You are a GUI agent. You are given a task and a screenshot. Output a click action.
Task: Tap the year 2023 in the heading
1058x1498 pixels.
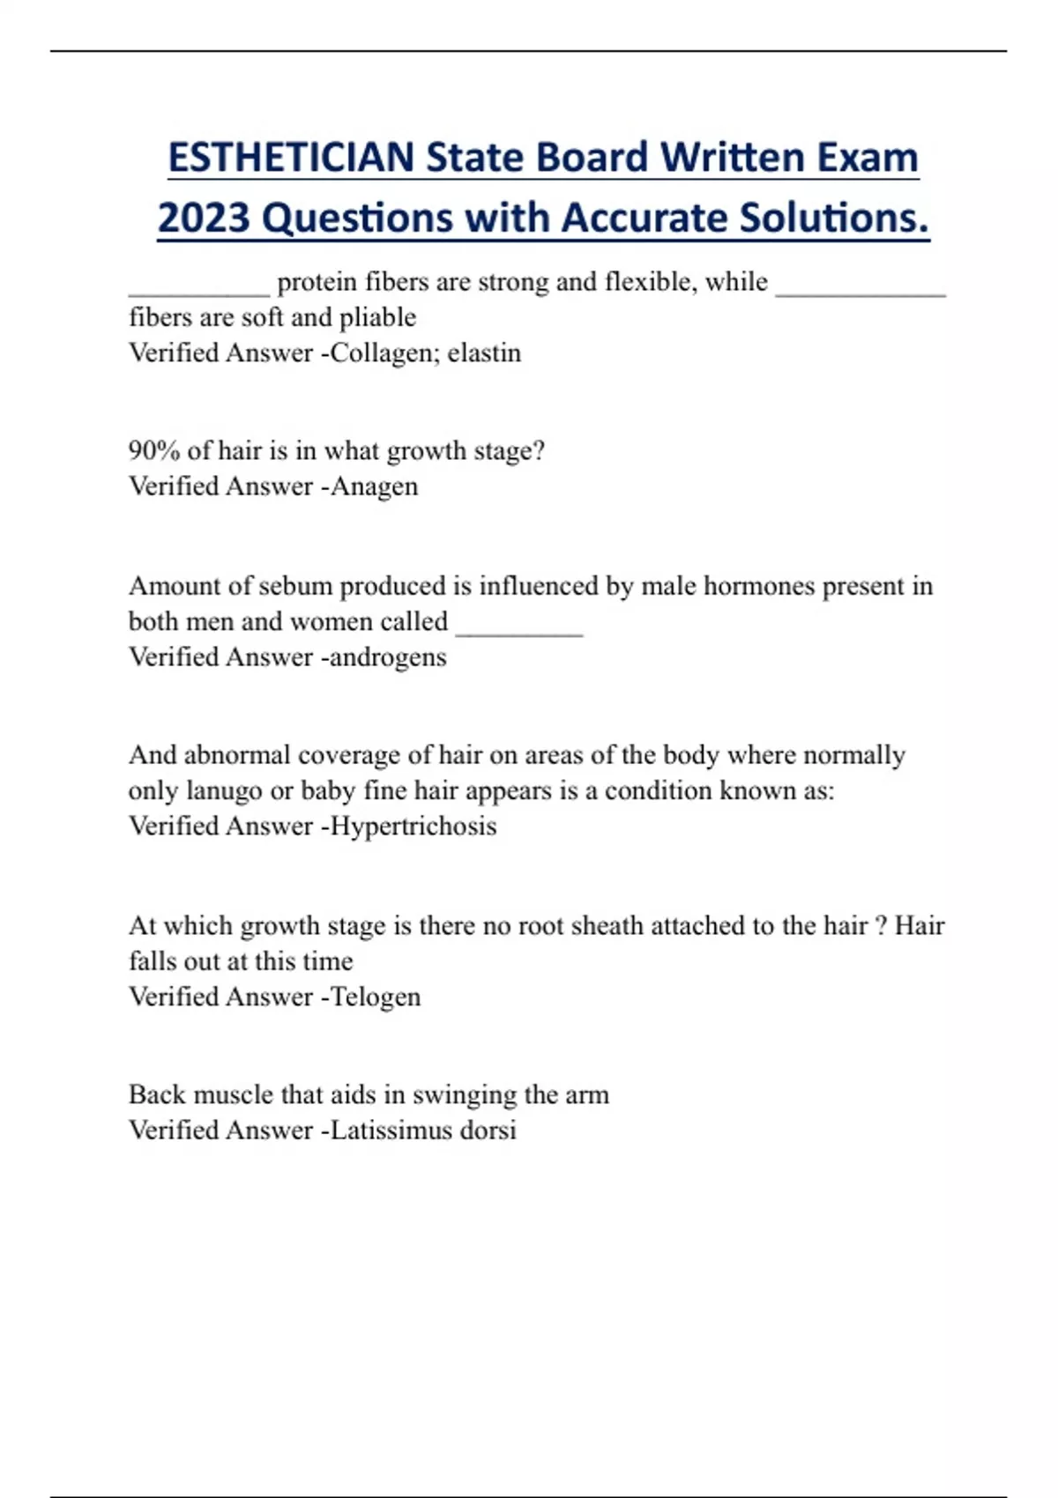(x=204, y=218)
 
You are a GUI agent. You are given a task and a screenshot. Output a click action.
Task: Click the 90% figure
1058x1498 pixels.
(x=154, y=451)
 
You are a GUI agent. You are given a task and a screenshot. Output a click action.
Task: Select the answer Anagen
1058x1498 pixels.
(x=374, y=486)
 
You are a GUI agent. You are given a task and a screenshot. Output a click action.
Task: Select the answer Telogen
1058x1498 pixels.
(x=376, y=997)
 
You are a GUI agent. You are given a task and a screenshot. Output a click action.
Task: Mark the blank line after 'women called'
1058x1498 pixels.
(x=519, y=631)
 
